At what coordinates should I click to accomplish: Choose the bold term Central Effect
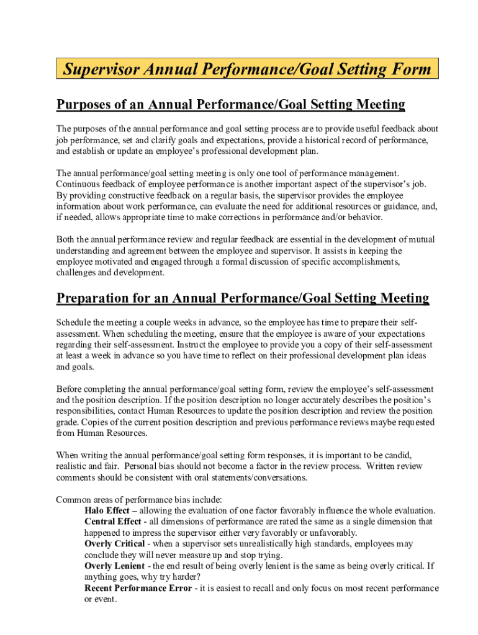click(113, 522)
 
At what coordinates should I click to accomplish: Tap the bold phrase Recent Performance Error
click(138, 588)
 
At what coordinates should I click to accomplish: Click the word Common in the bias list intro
click(74, 499)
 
